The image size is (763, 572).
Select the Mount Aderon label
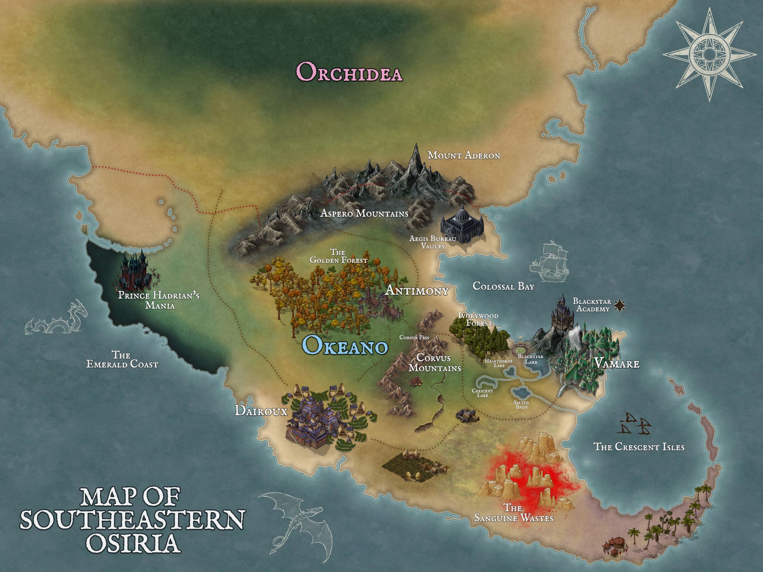click(x=463, y=155)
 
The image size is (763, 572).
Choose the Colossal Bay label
click(x=503, y=286)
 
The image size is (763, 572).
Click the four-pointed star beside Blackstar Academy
click(x=620, y=305)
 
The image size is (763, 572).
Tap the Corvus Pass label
click(x=414, y=337)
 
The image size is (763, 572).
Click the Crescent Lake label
click(x=482, y=393)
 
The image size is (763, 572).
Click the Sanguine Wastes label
click(x=513, y=513)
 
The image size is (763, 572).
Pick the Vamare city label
click(x=616, y=363)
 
